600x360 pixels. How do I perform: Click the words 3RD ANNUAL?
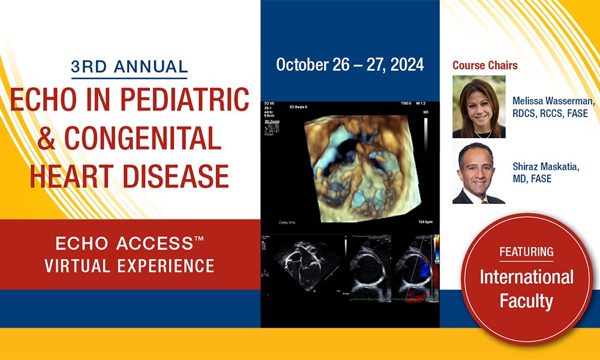(x=129, y=67)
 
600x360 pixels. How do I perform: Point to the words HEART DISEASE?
(x=129, y=176)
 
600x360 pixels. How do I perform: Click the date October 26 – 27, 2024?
(x=350, y=65)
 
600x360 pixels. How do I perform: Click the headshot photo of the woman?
(x=479, y=106)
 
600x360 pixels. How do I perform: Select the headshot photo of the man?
(x=479, y=173)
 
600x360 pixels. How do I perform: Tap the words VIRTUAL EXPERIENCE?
(x=129, y=265)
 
